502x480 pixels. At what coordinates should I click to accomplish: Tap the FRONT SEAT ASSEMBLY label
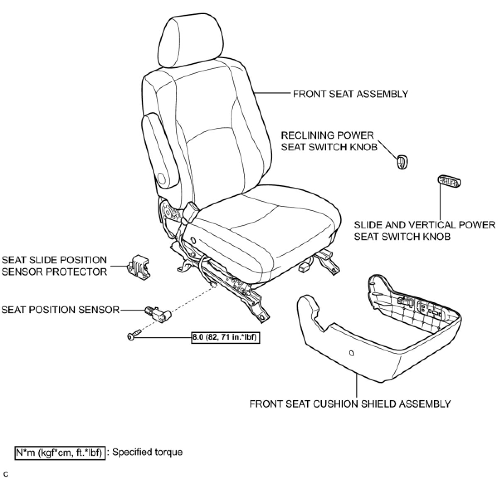point(350,94)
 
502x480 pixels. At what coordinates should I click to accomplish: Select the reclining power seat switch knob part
point(402,162)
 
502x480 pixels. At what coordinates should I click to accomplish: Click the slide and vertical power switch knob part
point(449,181)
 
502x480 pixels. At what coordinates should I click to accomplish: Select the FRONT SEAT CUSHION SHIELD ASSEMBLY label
point(350,404)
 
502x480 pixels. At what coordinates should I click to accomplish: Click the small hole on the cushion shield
point(351,353)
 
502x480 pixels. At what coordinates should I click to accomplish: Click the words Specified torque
point(147,452)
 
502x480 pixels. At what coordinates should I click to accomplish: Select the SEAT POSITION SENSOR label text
point(61,310)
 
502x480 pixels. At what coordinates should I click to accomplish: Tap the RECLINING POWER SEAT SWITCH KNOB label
point(329,141)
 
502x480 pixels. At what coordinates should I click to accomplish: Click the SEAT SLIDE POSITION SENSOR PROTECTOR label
point(54,266)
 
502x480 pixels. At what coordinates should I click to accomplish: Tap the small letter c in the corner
point(6,474)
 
